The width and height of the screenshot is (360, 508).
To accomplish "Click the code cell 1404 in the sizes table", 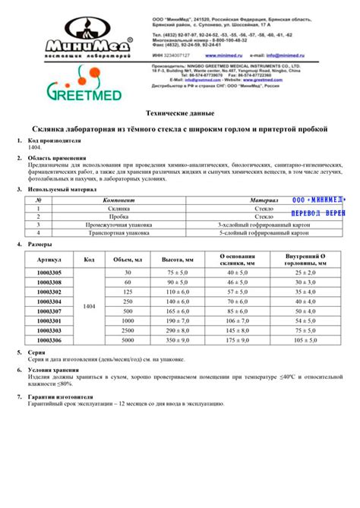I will point(89,306).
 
